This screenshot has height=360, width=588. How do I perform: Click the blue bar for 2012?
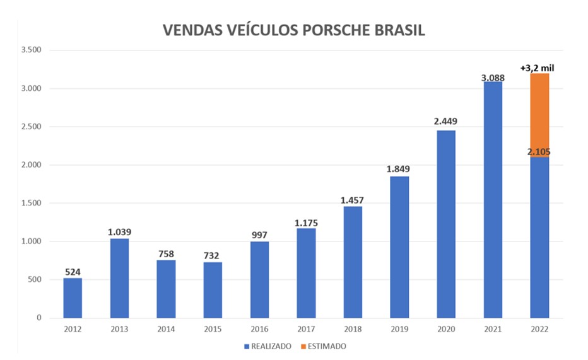[x=73, y=298]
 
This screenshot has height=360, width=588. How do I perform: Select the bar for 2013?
[x=119, y=278]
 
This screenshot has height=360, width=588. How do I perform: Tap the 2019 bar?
[x=399, y=247]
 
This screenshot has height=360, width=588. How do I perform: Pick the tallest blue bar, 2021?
[x=493, y=199]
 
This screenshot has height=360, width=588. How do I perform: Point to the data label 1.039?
[x=119, y=231]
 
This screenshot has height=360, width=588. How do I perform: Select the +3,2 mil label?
[x=538, y=67]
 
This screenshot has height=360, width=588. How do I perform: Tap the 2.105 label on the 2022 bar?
[x=539, y=151]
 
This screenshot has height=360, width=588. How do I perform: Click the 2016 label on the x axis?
[x=259, y=330]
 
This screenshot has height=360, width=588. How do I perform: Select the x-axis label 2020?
[x=446, y=330]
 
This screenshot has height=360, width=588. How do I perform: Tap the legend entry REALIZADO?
[x=269, y=346]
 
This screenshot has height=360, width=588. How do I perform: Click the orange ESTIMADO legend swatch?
[x=304, y=346]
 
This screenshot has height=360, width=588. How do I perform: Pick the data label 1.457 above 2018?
[x=353, y=200]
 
